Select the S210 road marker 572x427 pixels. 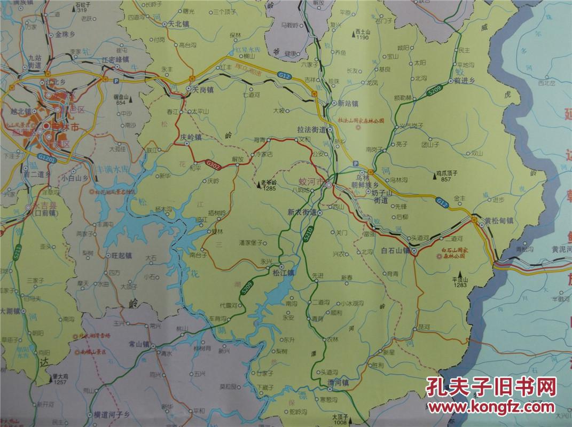click(307, 236)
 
